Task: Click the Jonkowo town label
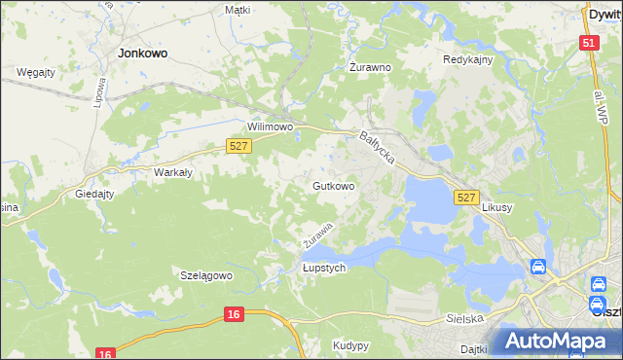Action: (x=138, y=54)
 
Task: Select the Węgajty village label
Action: (x=36, y=72)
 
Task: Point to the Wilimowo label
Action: (x=271, y=127)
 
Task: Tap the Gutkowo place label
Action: (x=333, y=185)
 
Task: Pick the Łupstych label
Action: (x=324, y=270)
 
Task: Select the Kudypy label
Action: (x=350, y=345)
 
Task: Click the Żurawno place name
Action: (x=370, y=68)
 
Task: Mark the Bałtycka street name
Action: (x=377, y=149)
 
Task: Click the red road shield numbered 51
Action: (x=588, y=44)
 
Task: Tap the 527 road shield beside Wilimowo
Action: (x=239, y=145)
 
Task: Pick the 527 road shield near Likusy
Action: (x=466, y=198)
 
